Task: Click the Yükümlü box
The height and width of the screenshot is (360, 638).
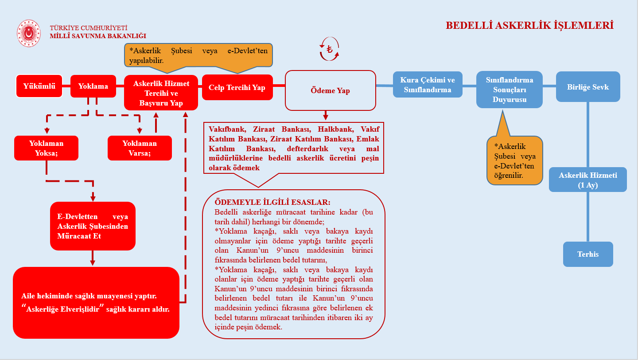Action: click(39, 86)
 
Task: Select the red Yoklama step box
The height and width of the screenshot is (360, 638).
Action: click(93, 86)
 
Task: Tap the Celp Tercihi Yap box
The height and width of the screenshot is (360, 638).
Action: click(237, 87)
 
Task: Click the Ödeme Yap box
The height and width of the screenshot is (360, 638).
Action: click(330, 90)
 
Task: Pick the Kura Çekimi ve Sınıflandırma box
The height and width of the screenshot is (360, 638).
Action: click(428, 85)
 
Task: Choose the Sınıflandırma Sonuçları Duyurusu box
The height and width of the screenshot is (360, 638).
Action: click(510, 90)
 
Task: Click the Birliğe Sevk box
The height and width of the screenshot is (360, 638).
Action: click(588, 87)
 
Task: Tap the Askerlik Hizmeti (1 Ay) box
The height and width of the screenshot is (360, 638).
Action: click(588, 180)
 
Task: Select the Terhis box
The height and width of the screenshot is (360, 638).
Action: click(588, 254)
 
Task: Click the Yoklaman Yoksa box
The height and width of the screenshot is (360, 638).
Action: click(47, 148)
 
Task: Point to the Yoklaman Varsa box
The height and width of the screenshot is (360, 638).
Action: click(140, 148)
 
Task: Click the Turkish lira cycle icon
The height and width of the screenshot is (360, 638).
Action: click(329, 49)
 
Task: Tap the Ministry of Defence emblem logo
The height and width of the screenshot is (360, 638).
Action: click(28, 33)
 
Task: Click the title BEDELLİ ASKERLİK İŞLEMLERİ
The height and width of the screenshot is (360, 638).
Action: click(529, 25)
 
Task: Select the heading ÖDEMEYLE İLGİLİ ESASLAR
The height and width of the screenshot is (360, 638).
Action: click(272, 203)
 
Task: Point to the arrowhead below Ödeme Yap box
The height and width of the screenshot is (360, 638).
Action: click(326, 117)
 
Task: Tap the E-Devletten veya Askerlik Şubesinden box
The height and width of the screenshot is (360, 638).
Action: click(93, 226)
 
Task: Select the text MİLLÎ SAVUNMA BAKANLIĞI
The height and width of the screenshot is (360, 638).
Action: click(98, 36)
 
